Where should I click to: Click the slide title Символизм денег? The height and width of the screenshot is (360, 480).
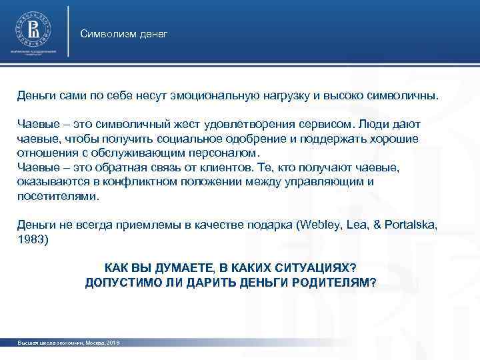tap(123, 33)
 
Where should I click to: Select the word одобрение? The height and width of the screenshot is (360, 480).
tap(232, 139)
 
